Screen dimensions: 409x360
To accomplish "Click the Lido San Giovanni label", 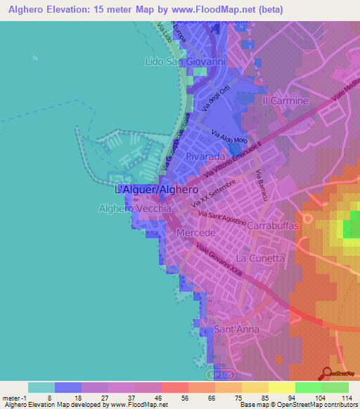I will [185, 62].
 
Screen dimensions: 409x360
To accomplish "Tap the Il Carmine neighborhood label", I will [285, 100].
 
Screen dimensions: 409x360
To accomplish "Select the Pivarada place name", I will [206, 159].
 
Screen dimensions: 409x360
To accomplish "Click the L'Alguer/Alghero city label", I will [156, 190].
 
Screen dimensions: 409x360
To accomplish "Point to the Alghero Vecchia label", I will [136, 209].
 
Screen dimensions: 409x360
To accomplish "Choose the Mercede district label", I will [195, 232].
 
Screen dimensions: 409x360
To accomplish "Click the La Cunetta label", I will [261, 258].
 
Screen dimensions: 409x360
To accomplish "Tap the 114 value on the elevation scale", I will [346, 398].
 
